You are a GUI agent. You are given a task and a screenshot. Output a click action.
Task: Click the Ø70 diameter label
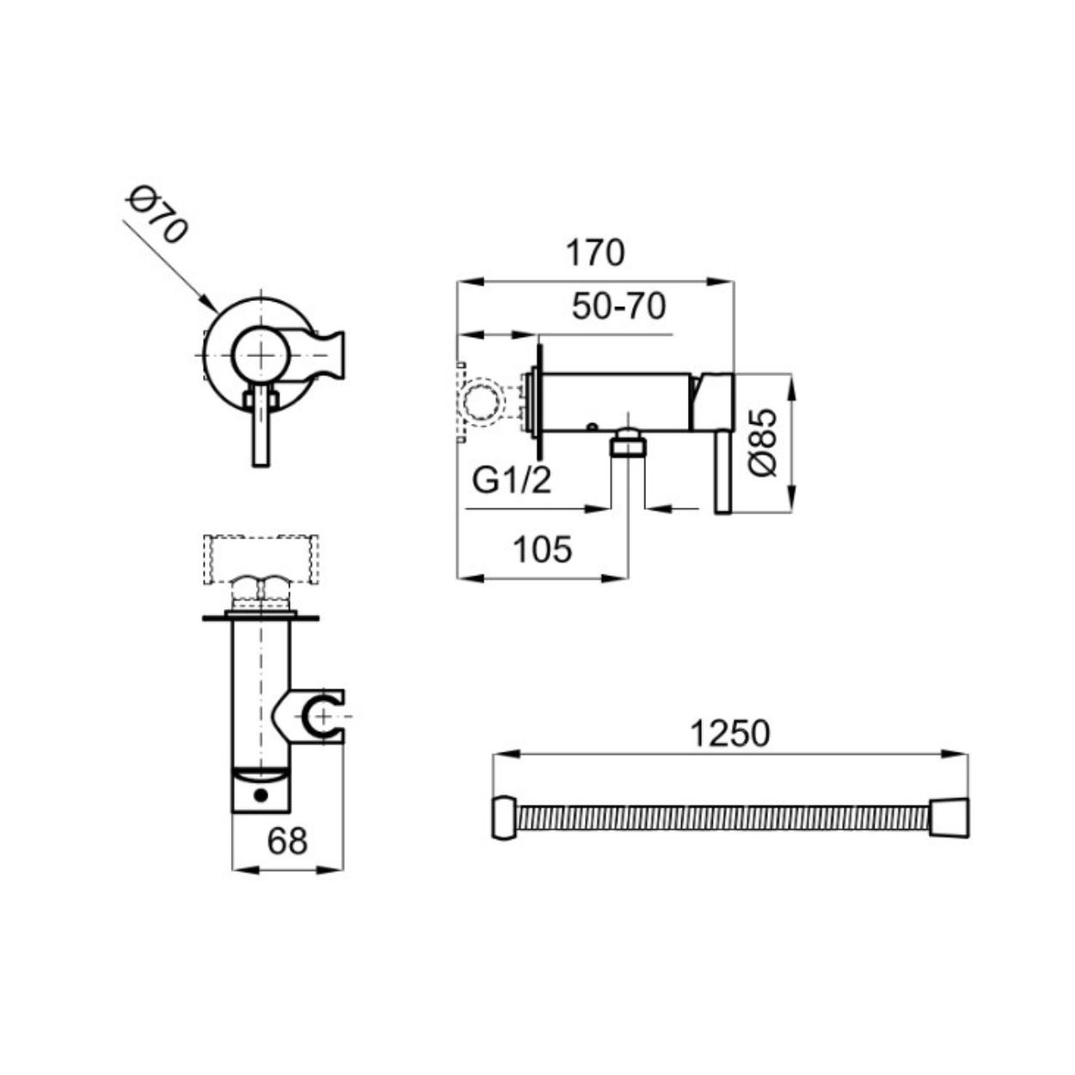[157, 214]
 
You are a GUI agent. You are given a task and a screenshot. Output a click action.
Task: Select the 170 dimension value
[595, 253]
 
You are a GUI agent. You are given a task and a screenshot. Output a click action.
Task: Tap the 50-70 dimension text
[619, 306]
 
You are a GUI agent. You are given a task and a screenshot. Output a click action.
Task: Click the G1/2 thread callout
[512, 480]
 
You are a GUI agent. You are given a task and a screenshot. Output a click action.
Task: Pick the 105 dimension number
[543, 549]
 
